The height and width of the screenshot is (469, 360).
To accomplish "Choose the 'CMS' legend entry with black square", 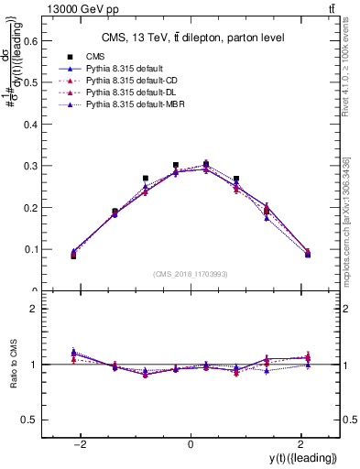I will [x=95, y=56].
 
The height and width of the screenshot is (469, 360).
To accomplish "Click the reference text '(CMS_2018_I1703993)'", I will [x=191, y=274].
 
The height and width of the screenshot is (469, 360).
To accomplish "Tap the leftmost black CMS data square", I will [x=73, y=256].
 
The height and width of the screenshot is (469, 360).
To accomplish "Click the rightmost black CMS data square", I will [x=308, y=254].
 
